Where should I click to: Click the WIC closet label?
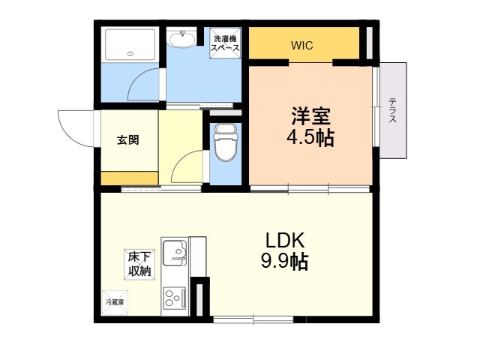click(x=302, y=45)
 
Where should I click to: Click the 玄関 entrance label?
click(x=127, y=140)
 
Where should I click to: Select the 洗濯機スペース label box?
click(x=226, y=43)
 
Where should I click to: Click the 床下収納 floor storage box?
click(x=139, y=263)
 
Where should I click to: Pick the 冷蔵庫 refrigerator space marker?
click(x=115, y=302)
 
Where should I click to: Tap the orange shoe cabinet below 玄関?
click(x=129, y=178)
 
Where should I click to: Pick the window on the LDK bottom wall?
click(x=252, y=320)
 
